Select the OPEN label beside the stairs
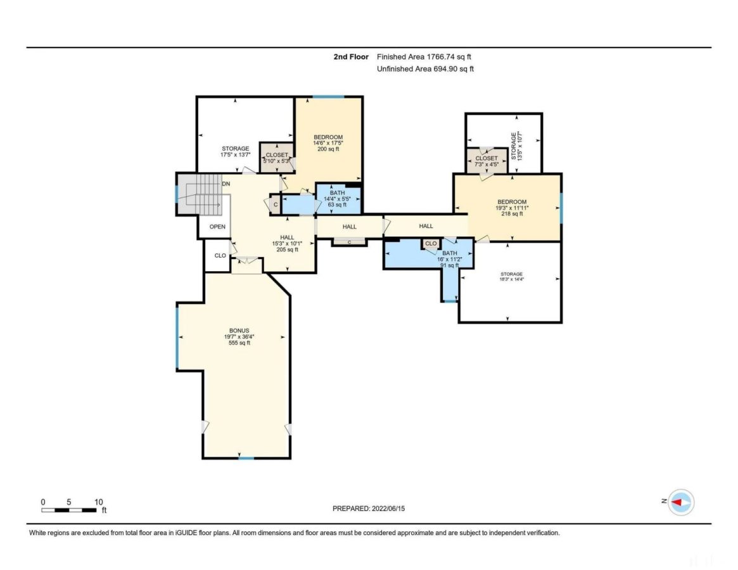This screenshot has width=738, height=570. [x=217, y=226]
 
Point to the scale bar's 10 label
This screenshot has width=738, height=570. [x=99, y=502]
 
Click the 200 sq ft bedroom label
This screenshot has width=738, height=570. [x=328, y=143]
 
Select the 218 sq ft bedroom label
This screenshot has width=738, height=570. [x=511, y=208]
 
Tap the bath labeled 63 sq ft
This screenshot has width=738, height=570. [x=336, y=198]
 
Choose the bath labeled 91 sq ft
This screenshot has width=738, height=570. [x=449, y=259]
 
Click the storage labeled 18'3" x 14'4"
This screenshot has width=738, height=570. [x=510, y=277]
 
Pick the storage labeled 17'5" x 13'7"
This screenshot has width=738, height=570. [x=234, y=151]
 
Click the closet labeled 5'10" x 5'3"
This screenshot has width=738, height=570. [x=276, y=158]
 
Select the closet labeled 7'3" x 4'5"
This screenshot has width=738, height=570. [x=487, y=161]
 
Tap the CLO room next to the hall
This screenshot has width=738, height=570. [x=220, y=256]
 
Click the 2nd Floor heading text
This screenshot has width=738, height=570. [x=351, y=57]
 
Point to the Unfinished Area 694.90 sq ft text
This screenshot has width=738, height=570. [x=425, y=69]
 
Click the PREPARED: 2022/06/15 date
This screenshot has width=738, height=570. [x=373, y=508]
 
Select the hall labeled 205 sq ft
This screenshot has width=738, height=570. [x=287, y=243]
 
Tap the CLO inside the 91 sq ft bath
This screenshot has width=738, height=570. [x=431, y=243]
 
